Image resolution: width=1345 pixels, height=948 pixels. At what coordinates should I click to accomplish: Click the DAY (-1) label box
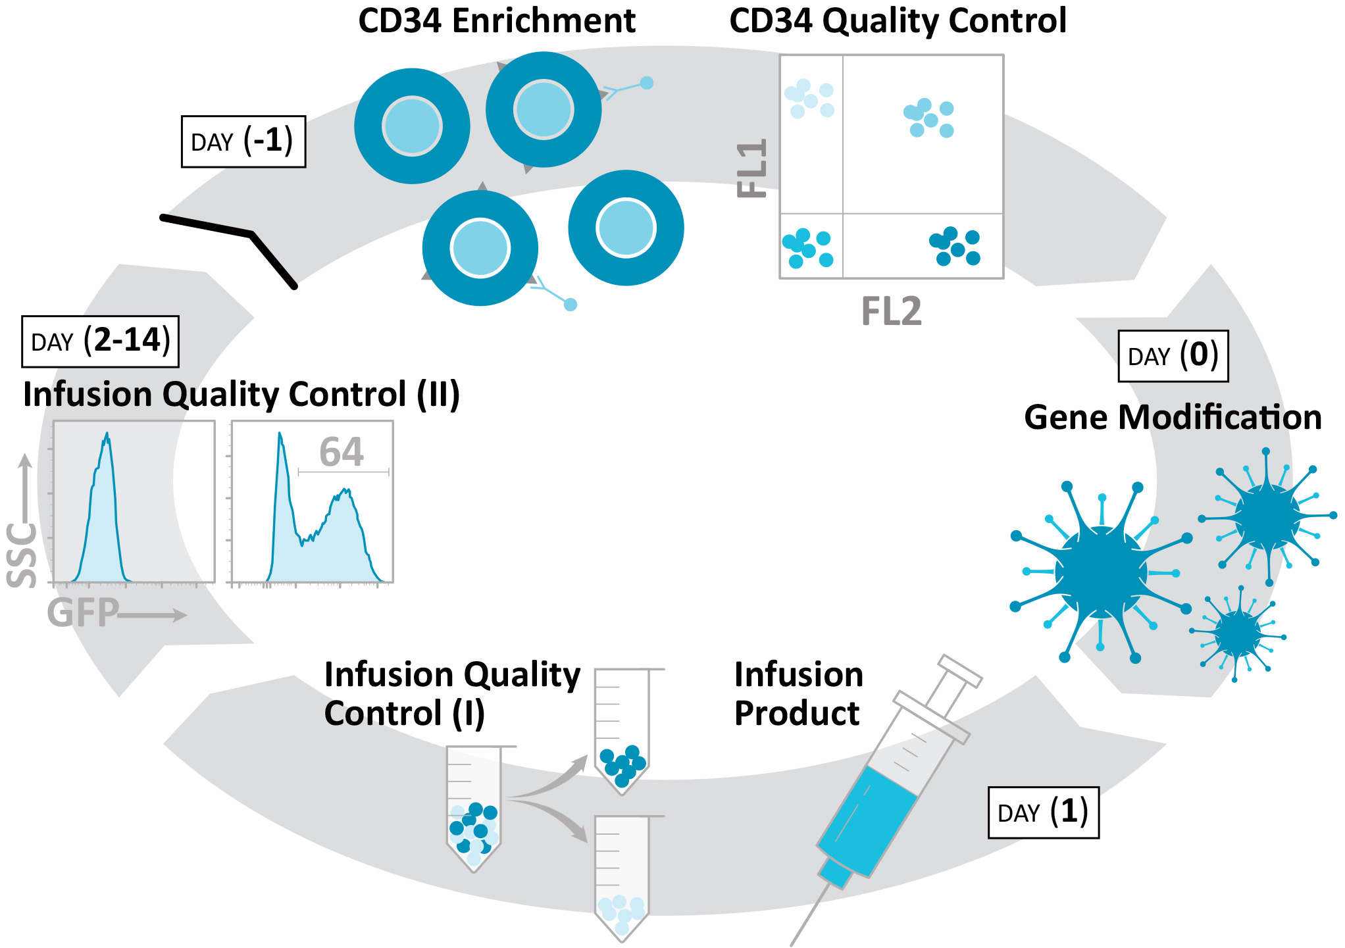point(243,141)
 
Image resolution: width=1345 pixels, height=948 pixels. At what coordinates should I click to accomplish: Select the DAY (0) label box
point(1173,356)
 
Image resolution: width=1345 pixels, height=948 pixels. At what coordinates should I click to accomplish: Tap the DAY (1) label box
point(1043,812)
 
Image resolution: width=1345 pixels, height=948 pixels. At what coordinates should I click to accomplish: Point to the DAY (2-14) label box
point(100,341)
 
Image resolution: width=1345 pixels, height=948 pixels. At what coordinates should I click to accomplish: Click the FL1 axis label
point(753,168)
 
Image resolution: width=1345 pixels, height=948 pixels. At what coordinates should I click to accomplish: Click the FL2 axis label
point(892,311)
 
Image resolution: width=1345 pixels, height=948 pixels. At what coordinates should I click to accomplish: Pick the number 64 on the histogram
point(342,452)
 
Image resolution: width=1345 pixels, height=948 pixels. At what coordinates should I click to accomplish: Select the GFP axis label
point(83,613)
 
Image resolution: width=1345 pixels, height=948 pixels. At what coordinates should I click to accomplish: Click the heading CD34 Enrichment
point(497,21)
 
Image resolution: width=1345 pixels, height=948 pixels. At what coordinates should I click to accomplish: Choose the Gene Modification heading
point(1173,417)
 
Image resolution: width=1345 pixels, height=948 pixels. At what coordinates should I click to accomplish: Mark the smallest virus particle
point(1238,633)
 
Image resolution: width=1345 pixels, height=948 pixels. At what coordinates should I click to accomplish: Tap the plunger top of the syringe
point(961,669)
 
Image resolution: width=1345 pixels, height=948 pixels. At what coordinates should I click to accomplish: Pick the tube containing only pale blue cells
point(622,878)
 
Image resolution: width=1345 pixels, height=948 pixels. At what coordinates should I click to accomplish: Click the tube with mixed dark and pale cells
point(474,809)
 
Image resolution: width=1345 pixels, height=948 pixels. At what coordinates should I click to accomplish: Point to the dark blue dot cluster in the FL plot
point(954,246)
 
